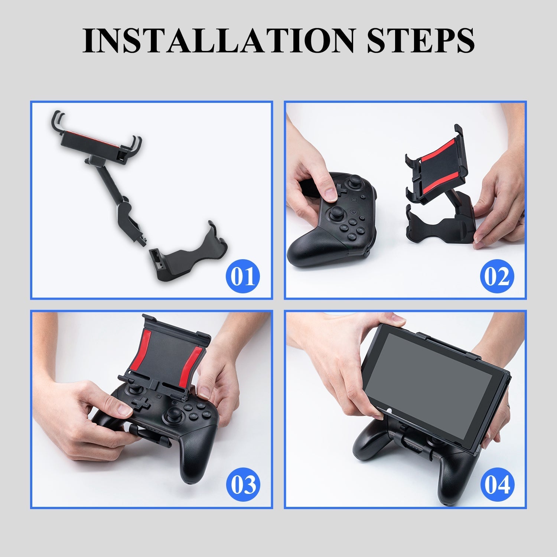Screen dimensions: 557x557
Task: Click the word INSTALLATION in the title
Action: pyautogui.click(x=219, y=40)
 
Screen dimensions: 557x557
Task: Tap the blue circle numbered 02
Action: pyautogui.click(x=497, y=276)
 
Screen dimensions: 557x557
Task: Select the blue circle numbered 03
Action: pyautogui.click(x=243, y=485)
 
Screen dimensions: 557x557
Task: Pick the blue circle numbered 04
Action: pyautogui.click(x=497, y=485)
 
